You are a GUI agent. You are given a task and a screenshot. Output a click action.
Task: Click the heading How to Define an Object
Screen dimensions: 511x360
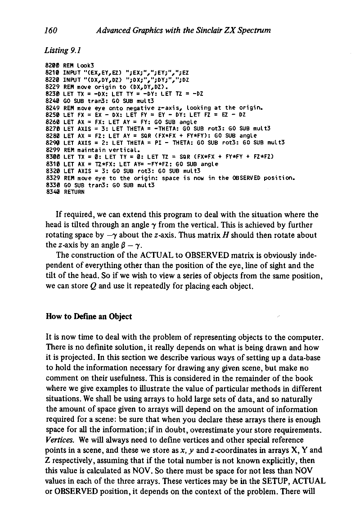[89, 316]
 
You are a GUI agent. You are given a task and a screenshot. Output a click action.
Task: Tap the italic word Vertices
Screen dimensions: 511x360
[61, 439]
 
